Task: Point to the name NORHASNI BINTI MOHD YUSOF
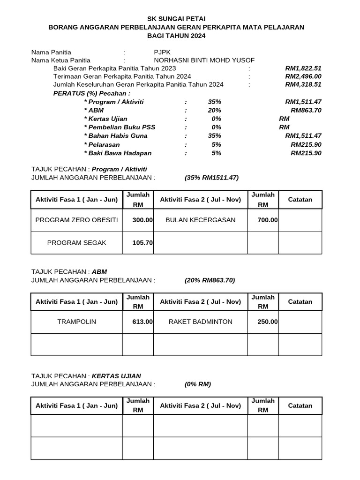[204, 60]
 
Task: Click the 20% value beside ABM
[215, 110]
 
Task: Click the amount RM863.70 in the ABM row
[306, 110]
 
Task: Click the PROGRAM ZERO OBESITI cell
[77, 220]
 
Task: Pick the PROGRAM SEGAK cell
[77, 243]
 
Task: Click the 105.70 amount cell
[142, 243]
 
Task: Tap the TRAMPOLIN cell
[77, 322]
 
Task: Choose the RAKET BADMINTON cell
[200, 322]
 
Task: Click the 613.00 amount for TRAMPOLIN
[142, 322]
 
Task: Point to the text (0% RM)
[198, 384]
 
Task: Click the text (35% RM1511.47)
[212, 178]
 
